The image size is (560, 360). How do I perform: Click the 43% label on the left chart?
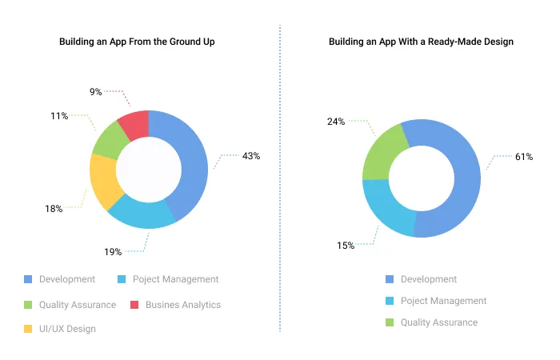click(x=251, y=156)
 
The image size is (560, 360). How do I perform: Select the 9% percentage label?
click(x=95, y=92)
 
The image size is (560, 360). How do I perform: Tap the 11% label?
click(x=58, y=116)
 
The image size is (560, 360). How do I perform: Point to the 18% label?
click(x=54, y=209)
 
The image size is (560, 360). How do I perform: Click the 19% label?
click(x=113, y=252)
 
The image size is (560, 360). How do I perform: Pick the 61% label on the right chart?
click(x=524, y=157)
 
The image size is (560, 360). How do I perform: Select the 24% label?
click(x=335, y=122)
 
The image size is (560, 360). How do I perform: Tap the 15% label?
click(x=346, y=246)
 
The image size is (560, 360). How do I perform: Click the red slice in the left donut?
click(x=134, y=124)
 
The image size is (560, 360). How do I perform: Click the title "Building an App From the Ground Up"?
click(x=137, y=41)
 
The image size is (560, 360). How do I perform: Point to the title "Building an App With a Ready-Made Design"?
click(x=421, y=41)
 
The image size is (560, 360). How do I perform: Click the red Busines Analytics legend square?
click(x=134, y=305)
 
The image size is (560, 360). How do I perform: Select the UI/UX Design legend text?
click(x=67, y=329)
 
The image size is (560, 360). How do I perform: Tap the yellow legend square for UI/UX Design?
click(x=28, y=329)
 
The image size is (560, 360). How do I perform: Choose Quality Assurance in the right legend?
click(x=438, y=322)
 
